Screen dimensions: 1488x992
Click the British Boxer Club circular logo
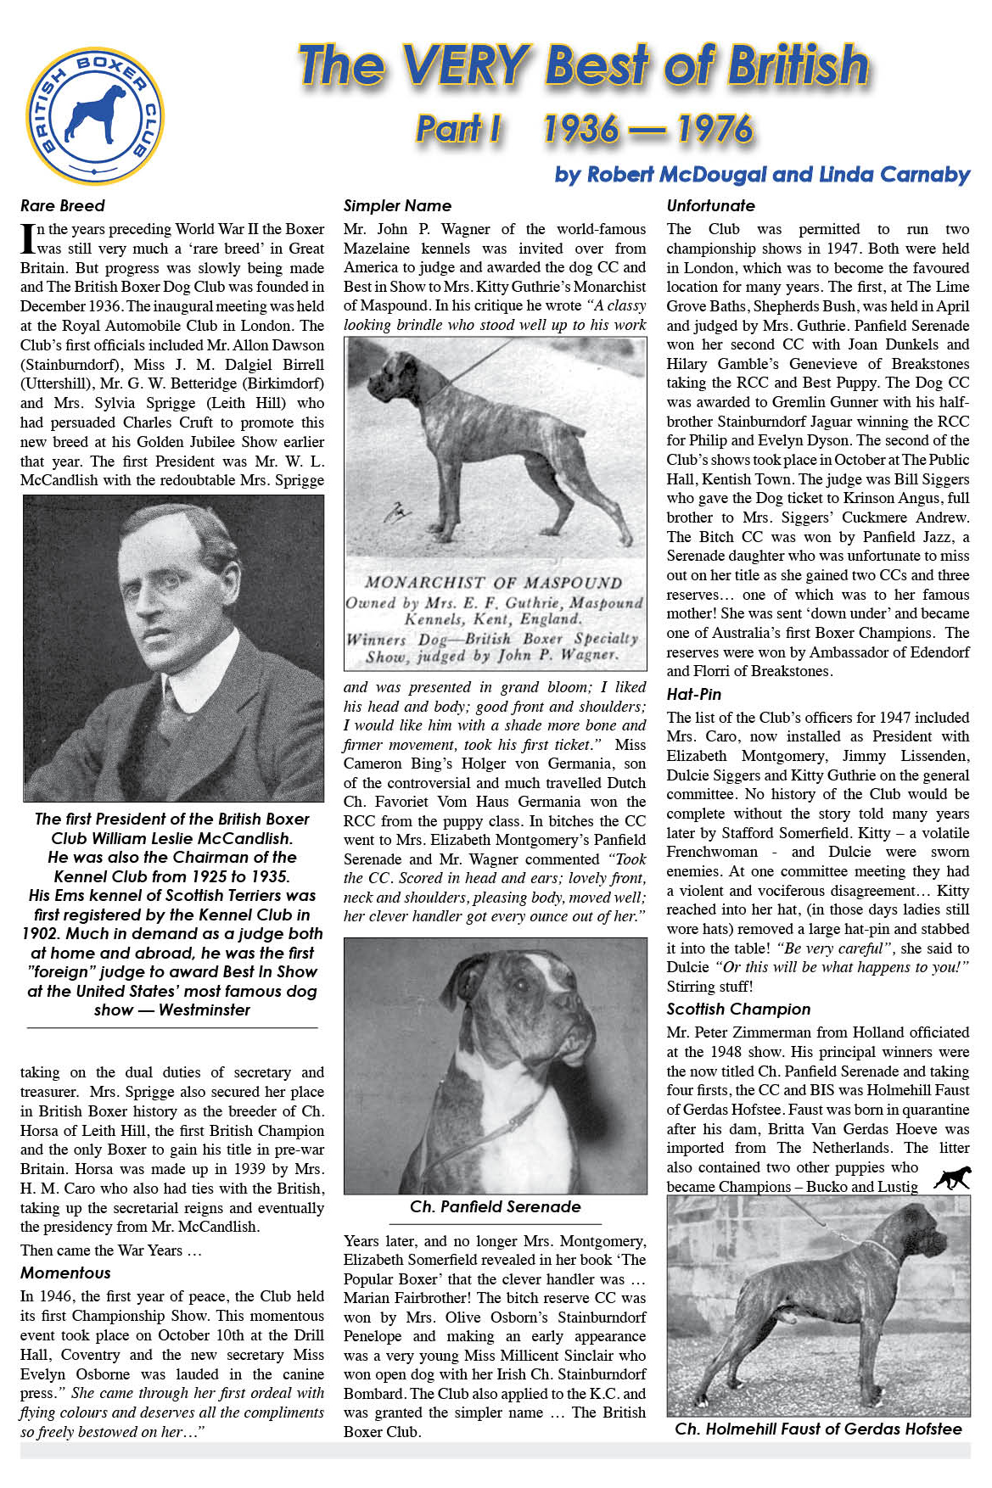95,115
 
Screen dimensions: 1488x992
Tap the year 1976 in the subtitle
715,129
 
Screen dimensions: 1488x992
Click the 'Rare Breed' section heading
63,206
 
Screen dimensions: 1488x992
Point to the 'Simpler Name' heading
397,206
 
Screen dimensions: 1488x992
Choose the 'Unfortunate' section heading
710,206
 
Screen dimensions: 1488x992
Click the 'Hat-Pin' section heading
693,694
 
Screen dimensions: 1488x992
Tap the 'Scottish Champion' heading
738,1009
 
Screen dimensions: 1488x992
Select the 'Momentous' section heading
65,1273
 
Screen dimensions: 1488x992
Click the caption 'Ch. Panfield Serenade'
496,1206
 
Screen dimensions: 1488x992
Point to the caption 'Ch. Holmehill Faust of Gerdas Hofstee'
818,1429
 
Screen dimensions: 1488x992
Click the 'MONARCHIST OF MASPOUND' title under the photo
493,583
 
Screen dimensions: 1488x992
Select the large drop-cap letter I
27,238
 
